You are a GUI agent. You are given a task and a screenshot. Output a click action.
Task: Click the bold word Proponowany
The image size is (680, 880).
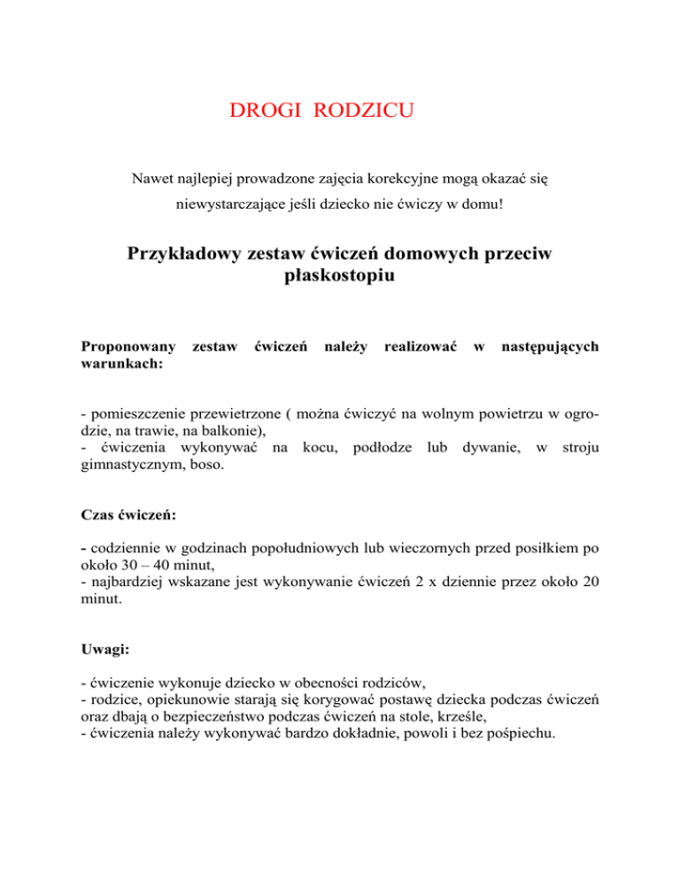128,348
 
